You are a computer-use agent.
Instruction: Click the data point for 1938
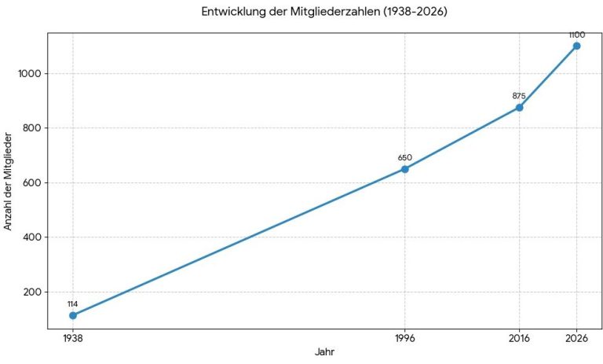click(x=73, y=315)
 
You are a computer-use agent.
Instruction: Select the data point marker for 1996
click(x=404, y=169)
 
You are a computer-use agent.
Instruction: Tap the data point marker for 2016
click(x=519, y=108)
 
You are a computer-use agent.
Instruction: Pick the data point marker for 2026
click(x=576, y=46)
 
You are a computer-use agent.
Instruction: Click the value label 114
click(x=73, y=303)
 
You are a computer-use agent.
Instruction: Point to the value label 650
click(x=404, y=157)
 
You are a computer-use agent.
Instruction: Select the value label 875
click(x=519, y=96)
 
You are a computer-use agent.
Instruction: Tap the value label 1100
click(x=576, y=35)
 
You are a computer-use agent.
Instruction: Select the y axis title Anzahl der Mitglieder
click(x=9, y=180)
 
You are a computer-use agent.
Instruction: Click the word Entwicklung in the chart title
click(x=231, y=12)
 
